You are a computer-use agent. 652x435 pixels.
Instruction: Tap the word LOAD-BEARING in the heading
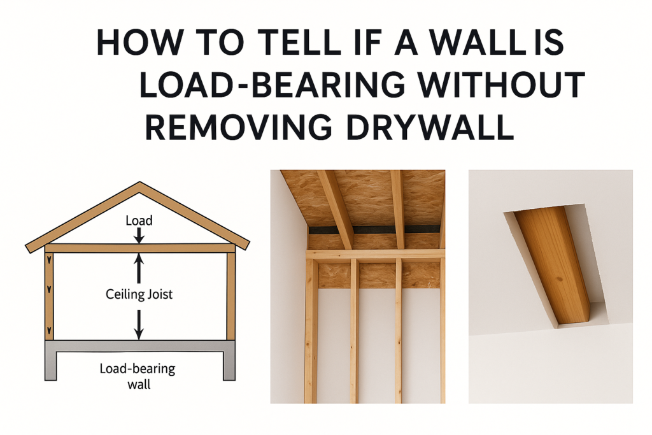pos(272,85)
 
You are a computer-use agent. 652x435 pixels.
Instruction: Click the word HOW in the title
pos(139,42)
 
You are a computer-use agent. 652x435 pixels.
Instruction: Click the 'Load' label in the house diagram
pos(139,220)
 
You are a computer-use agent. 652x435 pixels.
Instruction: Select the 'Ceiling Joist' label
pos(139,294)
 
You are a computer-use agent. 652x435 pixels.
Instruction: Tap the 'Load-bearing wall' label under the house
pos(138,376)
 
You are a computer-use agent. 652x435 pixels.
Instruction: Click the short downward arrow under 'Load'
pos(139,236)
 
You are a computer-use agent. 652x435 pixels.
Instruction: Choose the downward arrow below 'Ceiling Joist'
pos(139,325)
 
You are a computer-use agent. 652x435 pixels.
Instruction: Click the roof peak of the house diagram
pos(139,182)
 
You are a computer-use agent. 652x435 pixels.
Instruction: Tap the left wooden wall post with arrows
pos(49,296)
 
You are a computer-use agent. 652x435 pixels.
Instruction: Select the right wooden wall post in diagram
pos(230,296)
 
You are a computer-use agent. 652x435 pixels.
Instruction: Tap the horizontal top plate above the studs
pos(376,254)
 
